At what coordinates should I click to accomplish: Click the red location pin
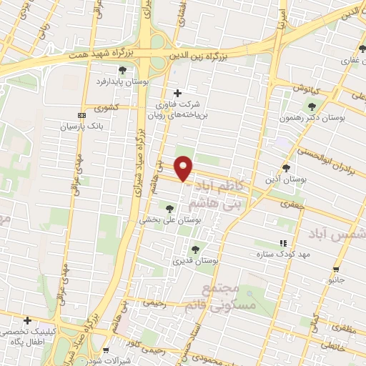184,168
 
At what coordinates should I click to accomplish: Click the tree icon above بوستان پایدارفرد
123,69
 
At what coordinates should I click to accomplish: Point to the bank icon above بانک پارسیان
81,114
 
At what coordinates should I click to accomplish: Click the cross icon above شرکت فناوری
178,93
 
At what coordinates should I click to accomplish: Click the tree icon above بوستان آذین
286,169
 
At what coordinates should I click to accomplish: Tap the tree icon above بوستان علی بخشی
169,209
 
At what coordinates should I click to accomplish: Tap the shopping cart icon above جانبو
336,269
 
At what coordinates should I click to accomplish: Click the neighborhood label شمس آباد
337,234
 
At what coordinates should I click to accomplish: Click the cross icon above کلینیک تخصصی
27,320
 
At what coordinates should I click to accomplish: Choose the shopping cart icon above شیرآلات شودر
106,350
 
